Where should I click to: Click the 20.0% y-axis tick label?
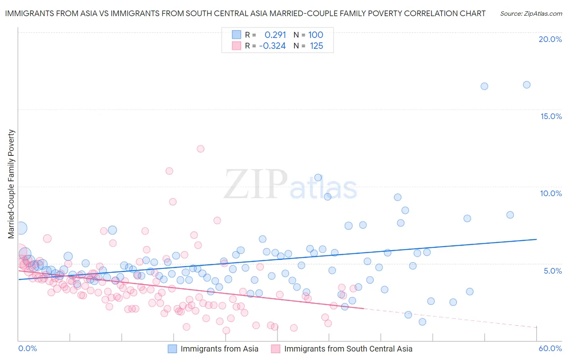point(550,39)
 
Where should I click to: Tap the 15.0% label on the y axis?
point(551,116)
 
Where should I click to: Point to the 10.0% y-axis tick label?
point(551,193)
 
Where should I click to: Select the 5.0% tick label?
point(552,271)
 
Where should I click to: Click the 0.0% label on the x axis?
point(28,348)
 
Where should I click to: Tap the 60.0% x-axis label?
point(550,348)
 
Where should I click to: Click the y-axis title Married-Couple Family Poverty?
point(11,184)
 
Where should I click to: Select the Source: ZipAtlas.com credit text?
point(531,13)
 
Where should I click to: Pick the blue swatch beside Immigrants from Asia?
point(173,349)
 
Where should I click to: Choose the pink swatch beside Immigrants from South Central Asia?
point(276,349)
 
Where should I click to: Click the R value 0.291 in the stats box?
point(275,35)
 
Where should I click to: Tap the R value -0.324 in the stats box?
point(273,46)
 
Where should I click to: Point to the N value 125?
point(317,46)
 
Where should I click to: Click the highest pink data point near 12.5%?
point(200,149)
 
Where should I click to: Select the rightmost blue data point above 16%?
point(527,85)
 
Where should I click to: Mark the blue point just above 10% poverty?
point(318,178)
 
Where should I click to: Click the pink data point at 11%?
point(169,171)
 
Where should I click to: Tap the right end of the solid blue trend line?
point(536,239)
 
